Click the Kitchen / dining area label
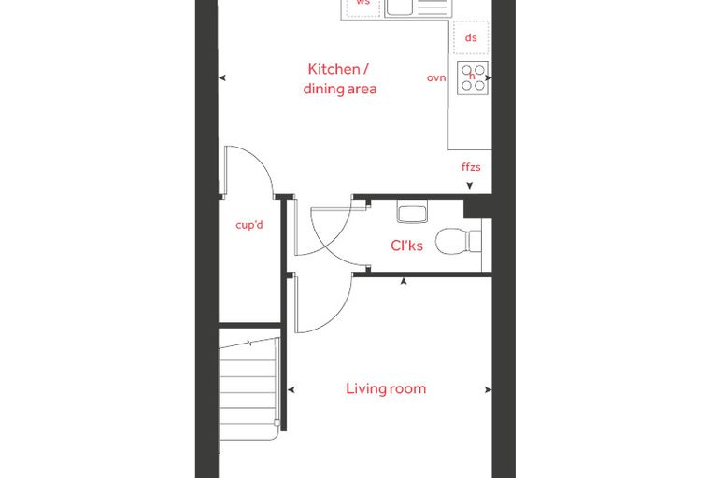pos(340,79)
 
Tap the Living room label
pos(386,388)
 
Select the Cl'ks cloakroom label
pos(406,246)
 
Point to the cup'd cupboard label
pos(249,224)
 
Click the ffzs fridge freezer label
pos(471,167)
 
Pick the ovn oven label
pos(436,77)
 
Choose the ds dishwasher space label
pos(471,37)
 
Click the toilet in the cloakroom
pos(459,241)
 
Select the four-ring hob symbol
pos(473,77)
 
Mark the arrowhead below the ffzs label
pos(470,186)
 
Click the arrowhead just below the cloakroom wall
pos(404,282)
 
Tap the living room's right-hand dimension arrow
pos(488,389)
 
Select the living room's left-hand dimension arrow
pos(291,389)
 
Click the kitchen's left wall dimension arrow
pos(222,77)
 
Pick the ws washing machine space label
pos(363,2)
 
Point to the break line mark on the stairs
pos(249,343)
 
